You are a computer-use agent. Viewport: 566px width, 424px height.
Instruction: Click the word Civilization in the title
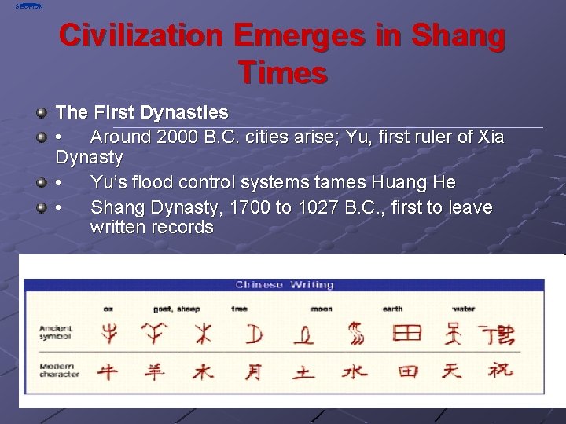(x=141, y=36)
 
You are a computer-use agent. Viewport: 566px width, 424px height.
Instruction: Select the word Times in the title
(x=282, y=73)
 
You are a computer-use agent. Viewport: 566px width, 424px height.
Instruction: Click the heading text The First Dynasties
(x=141, y=113)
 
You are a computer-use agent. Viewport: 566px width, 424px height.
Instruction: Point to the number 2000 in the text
(x=178, y=137)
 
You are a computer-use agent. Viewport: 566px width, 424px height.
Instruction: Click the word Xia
(x=491, y=137)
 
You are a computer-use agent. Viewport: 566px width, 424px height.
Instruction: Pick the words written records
(x=152, y=228)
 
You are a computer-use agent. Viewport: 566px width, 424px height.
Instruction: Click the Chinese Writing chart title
(x=284, y=285)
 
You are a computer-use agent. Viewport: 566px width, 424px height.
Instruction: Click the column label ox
(x=108, y=309)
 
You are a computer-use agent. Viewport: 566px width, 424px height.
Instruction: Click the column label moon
(x=321, y=309)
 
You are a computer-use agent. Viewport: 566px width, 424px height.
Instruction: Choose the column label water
(x=464, y=309)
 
